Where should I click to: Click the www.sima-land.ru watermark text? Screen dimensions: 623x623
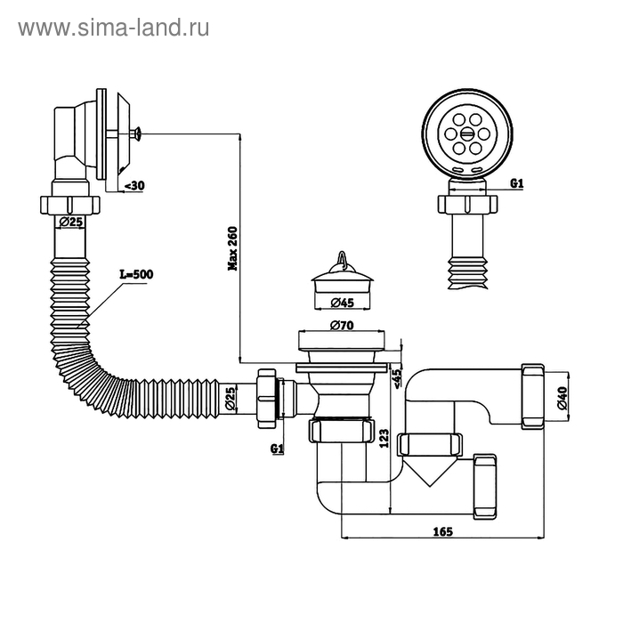coord(113,28)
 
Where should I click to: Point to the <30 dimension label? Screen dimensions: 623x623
coord(133,185)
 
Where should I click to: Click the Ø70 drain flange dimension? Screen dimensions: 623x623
coord(343,326)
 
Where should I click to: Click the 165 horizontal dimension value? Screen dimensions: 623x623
coord(442,531)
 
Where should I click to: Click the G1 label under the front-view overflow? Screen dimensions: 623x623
coord(515,184)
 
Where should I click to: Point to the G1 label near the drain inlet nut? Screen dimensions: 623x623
coord(277,449)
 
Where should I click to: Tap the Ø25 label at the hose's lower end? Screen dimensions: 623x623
coord(231,399)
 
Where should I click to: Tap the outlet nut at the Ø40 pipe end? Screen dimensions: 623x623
coord(533,396)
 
